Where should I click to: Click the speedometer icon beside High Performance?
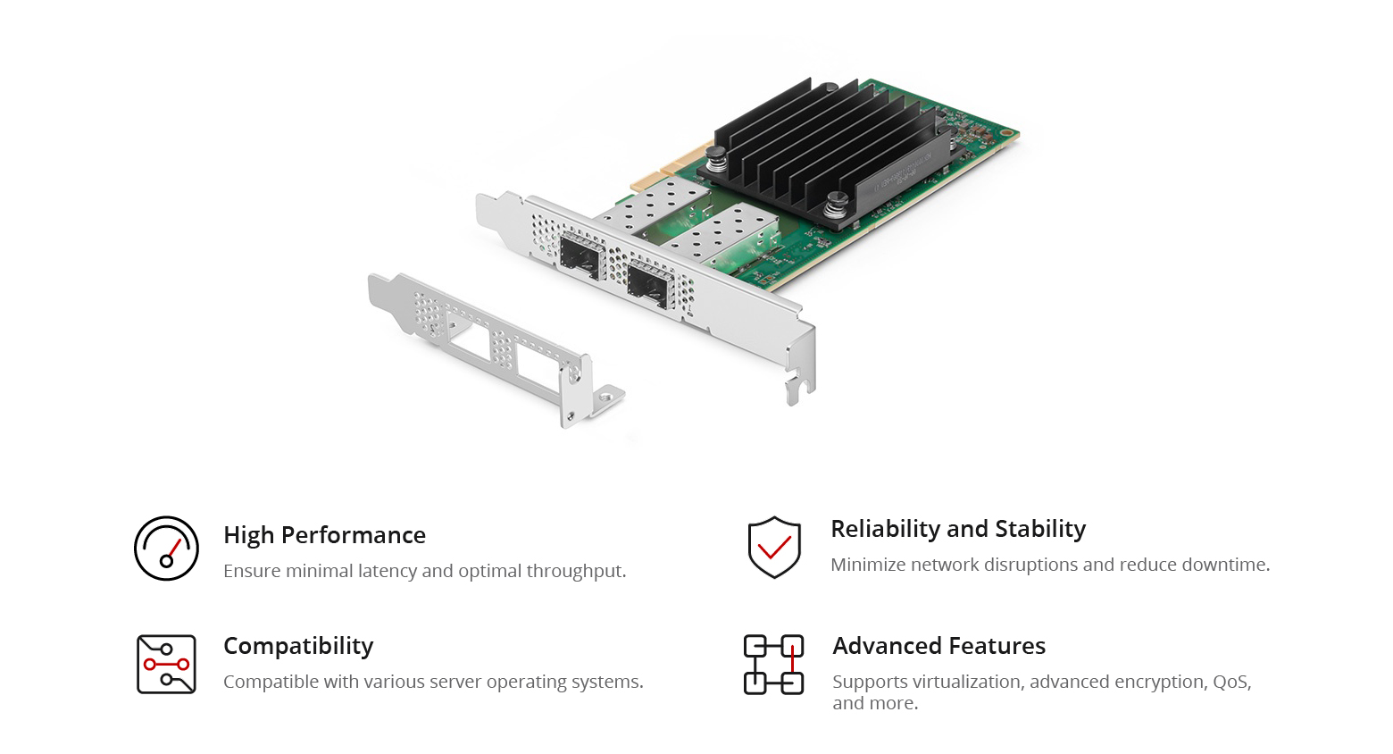(166, 549)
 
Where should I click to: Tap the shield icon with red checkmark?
(774, 547)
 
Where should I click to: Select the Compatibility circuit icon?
(166, 664)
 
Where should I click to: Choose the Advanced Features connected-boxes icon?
(773, 665)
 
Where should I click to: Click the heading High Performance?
(324, 535)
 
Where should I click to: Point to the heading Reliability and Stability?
(958, 529)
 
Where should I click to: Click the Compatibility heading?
(298, 646)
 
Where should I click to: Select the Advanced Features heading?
(938, 646)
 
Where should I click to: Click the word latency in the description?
(388, 571)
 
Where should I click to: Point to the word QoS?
(1230, 682)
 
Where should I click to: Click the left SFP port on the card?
(580, 258)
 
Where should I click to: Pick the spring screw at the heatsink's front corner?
(837, 205)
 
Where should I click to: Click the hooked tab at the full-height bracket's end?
(797, 389)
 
